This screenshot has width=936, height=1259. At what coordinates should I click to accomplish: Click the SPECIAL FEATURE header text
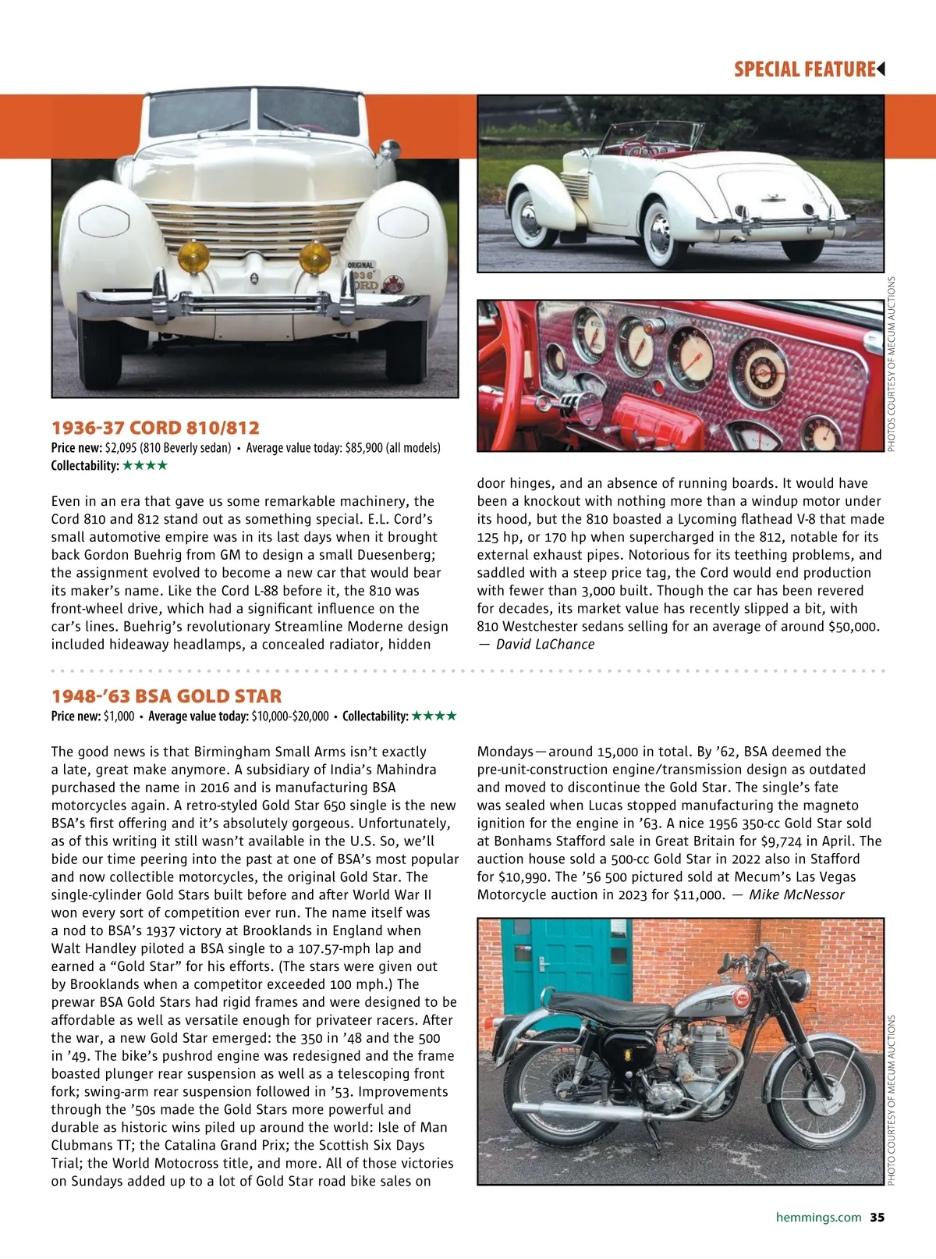pyautogui.click(x=804, y=69)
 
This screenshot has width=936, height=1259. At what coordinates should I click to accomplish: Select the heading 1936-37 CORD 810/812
pyautogui.click(x=155, y=428)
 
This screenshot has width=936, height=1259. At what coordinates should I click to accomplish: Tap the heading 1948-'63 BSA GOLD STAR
pyautogui.click(x=166, y=696)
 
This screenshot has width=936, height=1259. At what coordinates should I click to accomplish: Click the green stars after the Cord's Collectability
pyautogui.click(x=145, y=466)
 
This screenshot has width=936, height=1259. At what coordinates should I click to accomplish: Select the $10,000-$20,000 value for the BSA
pyautogui.click(x=290, y=717)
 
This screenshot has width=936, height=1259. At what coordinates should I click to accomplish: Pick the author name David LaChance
pyautogui.click(x=545, y=645)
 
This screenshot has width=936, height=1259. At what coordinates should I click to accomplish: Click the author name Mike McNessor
pyautogui.click(x=796, y=895)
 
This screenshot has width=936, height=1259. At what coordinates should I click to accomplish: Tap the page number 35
pyautogui.click(x=877, y=1217)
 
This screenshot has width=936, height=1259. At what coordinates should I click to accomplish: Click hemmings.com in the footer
pyautogui.click(x=818, y=1217)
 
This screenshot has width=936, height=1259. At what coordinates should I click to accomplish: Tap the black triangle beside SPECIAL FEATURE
pyautogui.click(x=881, y=69)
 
